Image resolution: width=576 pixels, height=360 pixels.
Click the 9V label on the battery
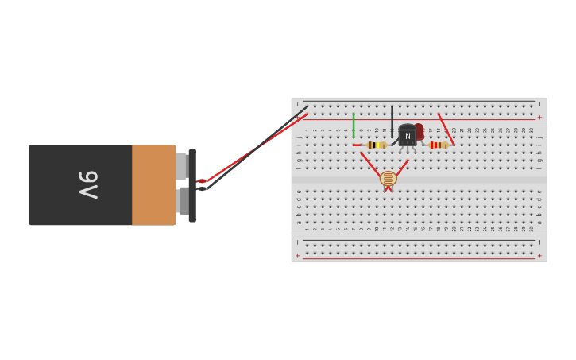87,185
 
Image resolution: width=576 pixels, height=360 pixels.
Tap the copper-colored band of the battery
153,185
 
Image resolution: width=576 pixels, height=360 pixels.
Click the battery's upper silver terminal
182,165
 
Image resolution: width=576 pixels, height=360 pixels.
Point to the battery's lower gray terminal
184,200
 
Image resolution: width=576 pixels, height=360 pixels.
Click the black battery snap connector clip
192,185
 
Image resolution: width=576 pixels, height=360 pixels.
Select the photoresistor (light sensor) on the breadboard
388,179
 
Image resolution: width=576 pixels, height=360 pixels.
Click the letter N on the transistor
408,136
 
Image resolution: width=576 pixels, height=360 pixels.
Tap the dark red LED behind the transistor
419,130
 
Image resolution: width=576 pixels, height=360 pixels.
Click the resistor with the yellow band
376,145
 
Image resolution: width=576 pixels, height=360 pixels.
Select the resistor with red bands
438,145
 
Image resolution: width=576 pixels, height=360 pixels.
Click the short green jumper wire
354,125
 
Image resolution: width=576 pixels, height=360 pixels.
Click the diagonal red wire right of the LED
446,129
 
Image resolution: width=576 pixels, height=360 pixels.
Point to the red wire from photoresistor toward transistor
400,169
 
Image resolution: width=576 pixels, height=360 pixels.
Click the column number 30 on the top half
532,130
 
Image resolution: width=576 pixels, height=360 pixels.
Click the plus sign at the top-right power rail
539,117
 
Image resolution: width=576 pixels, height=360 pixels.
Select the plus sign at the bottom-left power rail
298,256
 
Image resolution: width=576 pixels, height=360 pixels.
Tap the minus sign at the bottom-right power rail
539,242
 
